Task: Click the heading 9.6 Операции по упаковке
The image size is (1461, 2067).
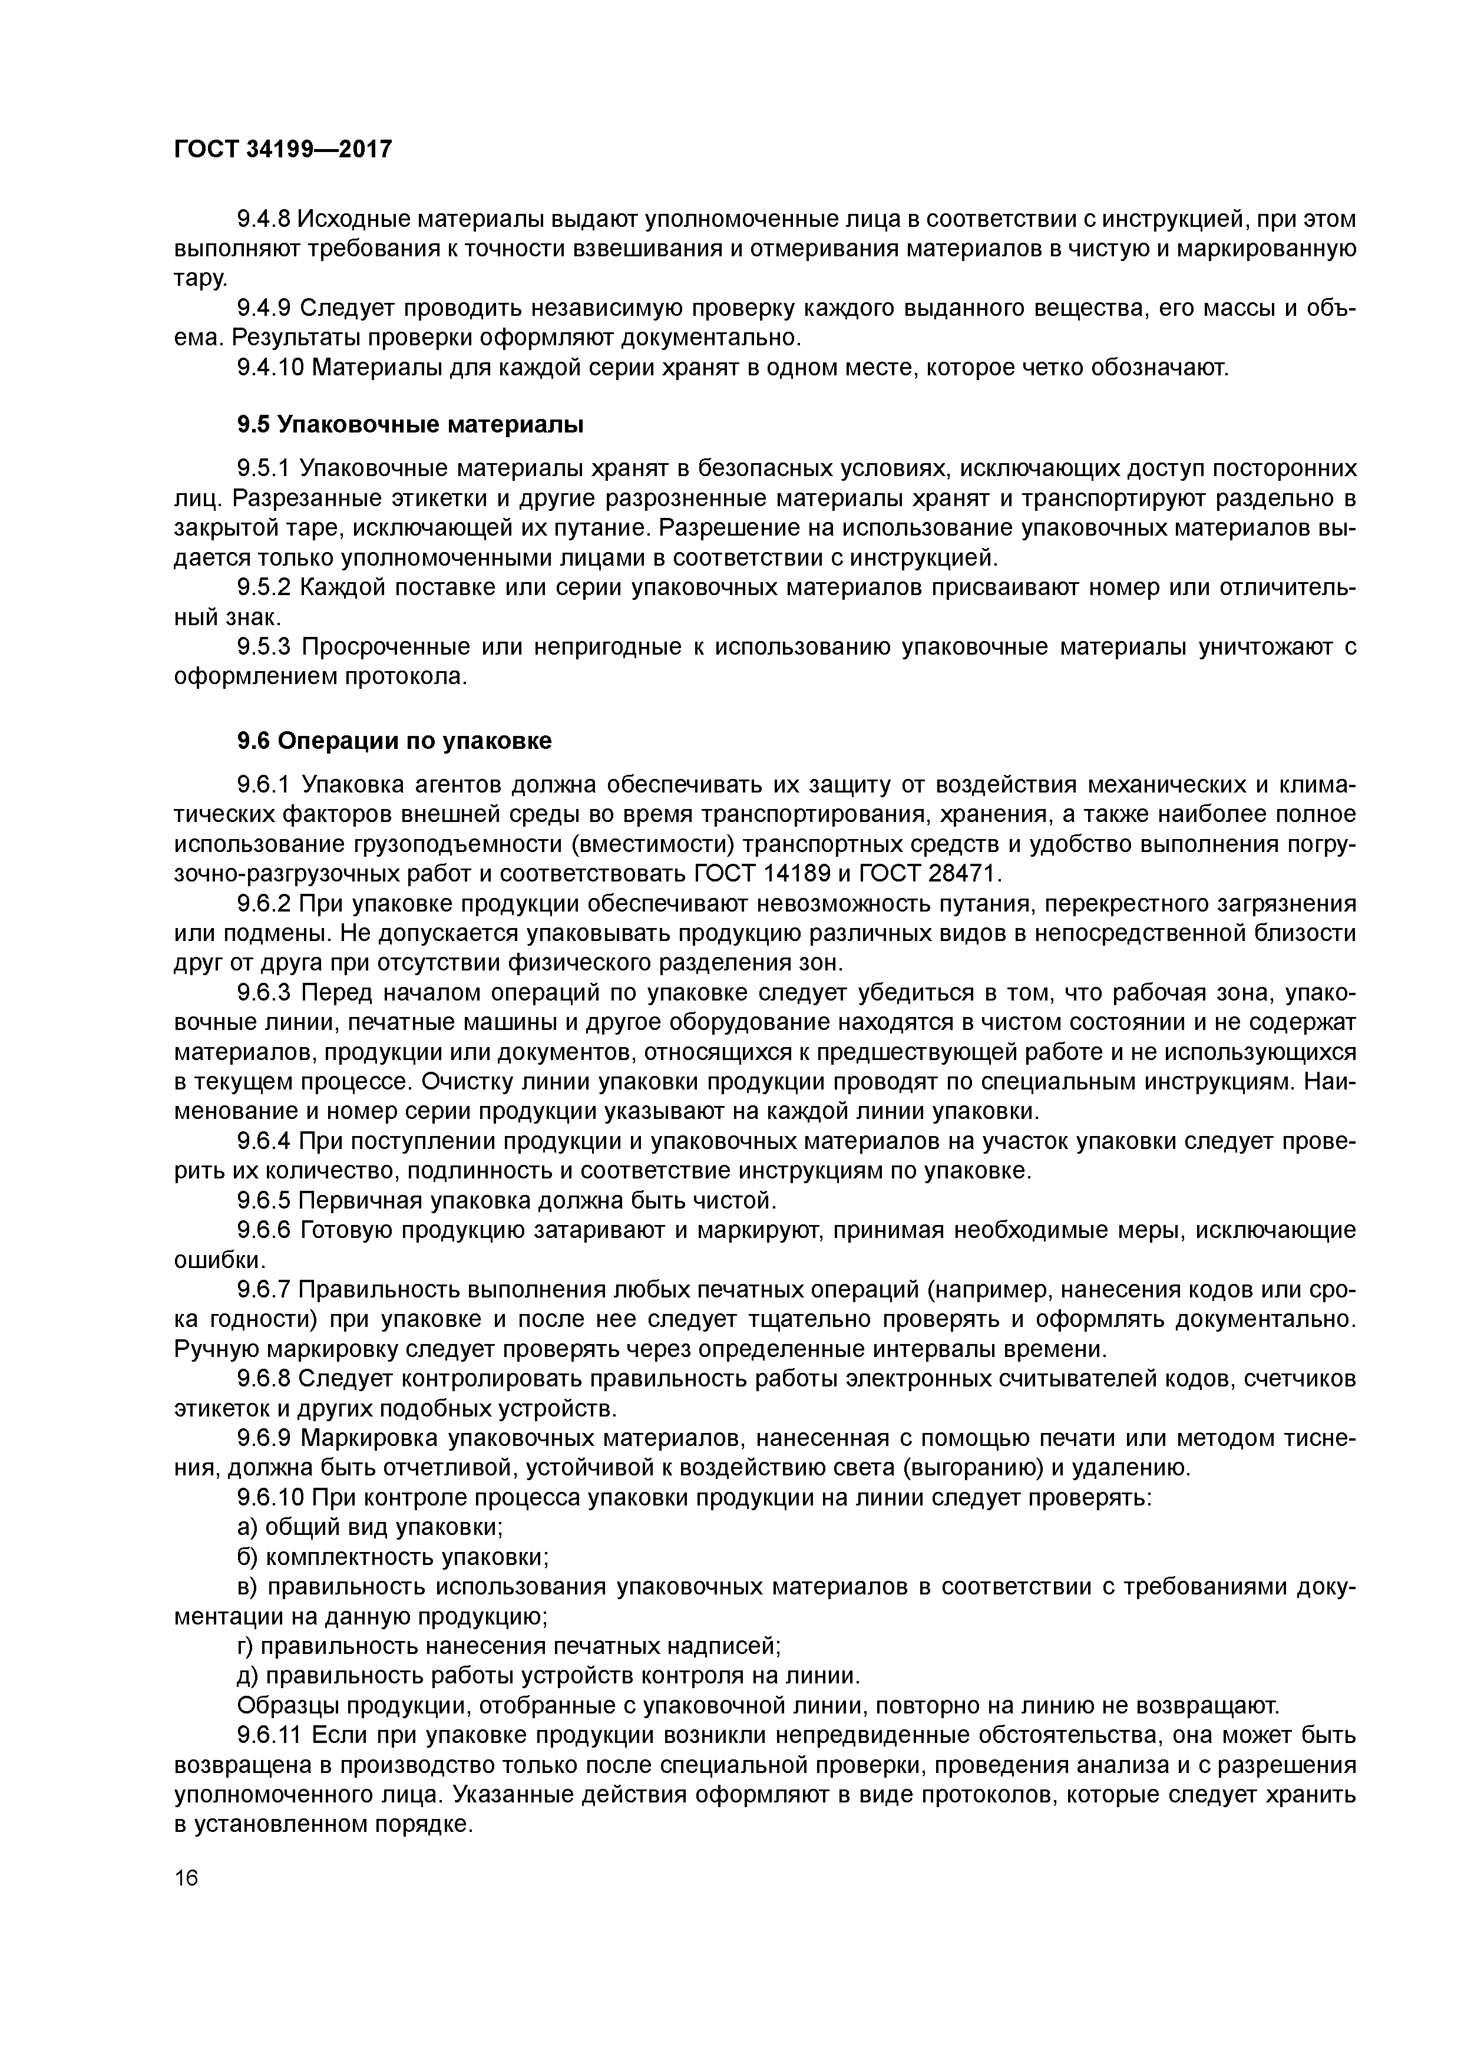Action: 394,741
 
